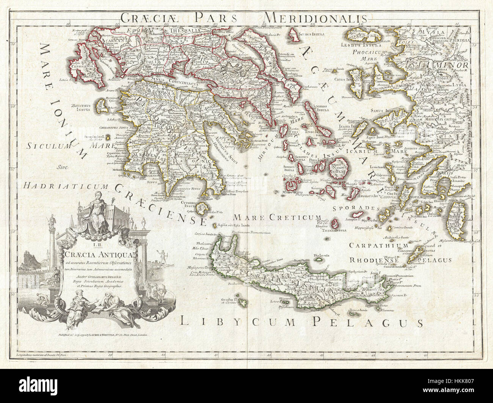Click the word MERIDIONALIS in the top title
(x=315, y=17)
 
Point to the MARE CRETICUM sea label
(x=272, y=217)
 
